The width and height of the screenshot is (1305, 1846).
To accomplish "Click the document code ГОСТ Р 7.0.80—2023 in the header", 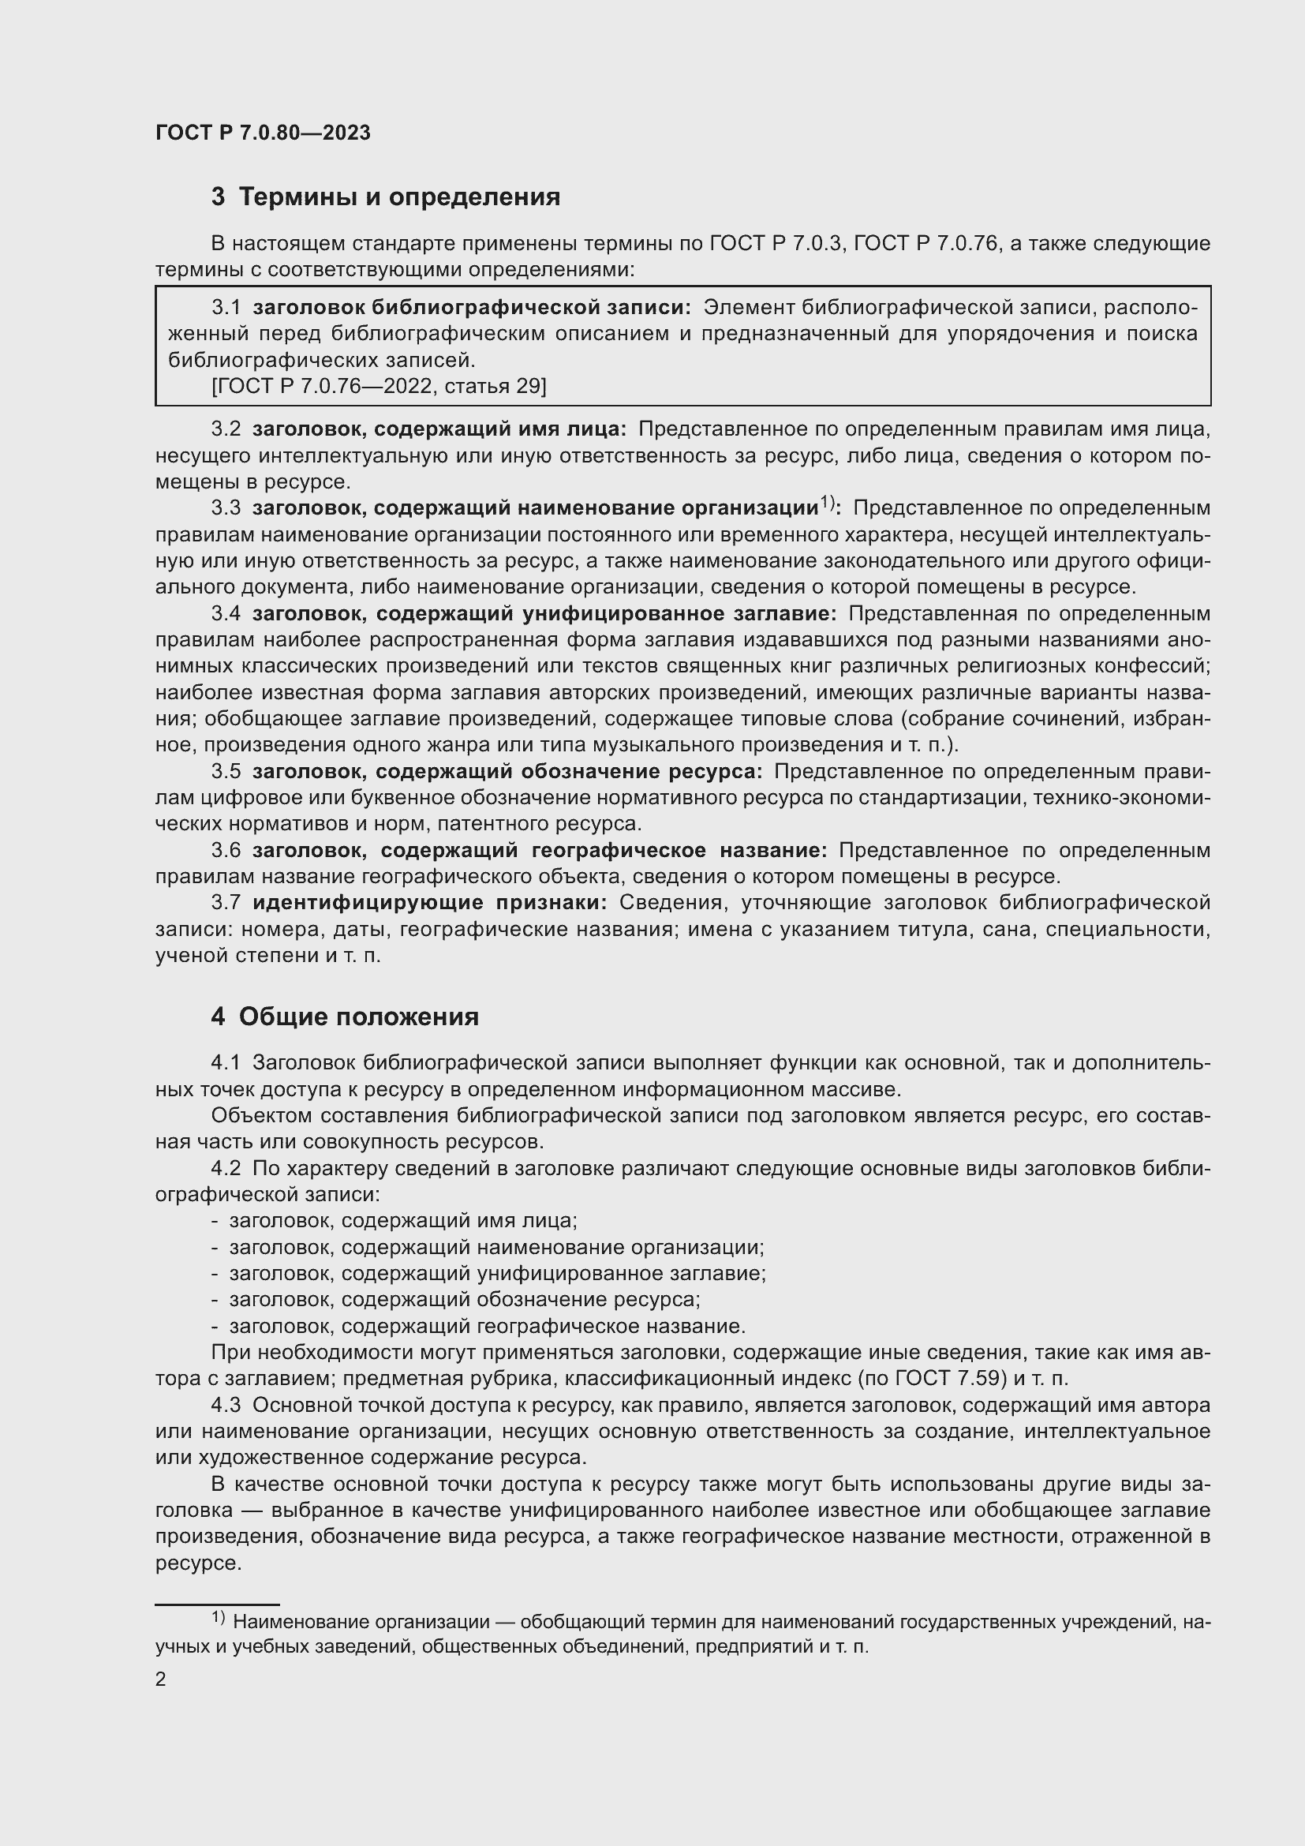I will pyautogui.click(x=263, y=133).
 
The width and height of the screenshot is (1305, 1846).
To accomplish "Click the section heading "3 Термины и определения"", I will pyautogui.click(x=386, y=197).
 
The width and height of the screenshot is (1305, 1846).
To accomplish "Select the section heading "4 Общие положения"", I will pyautogui.click(x=345, y=1017).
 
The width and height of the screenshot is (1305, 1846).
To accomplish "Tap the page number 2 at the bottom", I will pyautogui.click(x=161, y=1679).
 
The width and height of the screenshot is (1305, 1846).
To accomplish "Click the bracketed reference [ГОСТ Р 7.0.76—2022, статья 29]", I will pyautogui.click(x=379, y=387).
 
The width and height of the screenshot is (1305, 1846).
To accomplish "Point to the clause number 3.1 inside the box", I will pyautogui.click(x=226, y=307).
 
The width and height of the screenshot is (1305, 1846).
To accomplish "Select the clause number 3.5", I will pyautogui.click(x=226, y=771).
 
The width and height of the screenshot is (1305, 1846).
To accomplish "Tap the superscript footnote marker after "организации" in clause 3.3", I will pyautogui.click(x=828, y=504).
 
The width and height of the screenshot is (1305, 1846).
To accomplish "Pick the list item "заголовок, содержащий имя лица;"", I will pyautogui.click(x=403, y=1220).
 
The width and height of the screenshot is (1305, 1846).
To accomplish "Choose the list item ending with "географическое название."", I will pyautogui.click(x=487, y=1326).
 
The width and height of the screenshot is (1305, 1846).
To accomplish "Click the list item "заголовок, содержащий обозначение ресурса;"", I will pyautogui.click(x=465, y=1299).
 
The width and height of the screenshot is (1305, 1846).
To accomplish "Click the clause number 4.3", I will pyautogui.click(x=226, y=1405).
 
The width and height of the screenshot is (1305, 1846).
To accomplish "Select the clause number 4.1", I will pyautogui.click(x=226, y=1062).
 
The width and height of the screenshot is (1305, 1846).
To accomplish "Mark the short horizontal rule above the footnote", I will pyautogui.click(x=217, y=1604).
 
